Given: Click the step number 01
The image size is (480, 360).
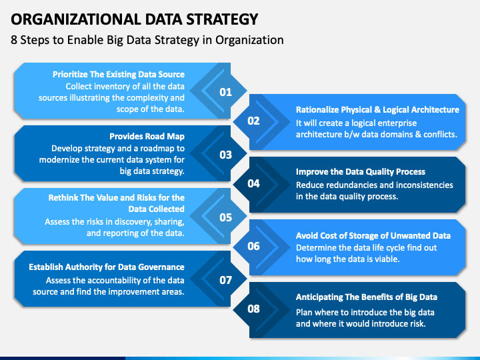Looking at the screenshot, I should (x=225, y=92).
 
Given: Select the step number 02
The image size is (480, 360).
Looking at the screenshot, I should (x=253, y=121).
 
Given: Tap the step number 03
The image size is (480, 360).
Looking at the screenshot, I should (x=225, y=155).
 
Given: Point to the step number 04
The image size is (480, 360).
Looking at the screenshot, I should (x=253, y=183).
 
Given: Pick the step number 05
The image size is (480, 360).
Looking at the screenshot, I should (x=225, y=217).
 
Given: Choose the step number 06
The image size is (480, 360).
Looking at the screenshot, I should (x=253, y=246).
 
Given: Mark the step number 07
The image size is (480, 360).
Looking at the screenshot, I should (x=225, y=280).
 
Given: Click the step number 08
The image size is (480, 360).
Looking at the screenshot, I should (x=253, y=309).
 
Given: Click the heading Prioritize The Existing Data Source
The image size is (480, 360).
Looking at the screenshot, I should (x=119, y=74).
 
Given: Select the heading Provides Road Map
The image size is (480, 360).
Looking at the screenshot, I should (x=147, y=135).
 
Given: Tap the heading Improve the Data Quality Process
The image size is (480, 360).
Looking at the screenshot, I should (x=361, y=172).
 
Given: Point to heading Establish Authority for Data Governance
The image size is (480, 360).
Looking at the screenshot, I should (x=107, y=267).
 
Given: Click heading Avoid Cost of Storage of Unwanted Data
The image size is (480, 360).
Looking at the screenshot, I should (x=373, y=235).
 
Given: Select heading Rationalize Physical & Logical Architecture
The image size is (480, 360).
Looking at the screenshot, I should (x=377, y=109).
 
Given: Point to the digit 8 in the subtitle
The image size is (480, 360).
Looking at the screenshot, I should (x=14, y=40).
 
